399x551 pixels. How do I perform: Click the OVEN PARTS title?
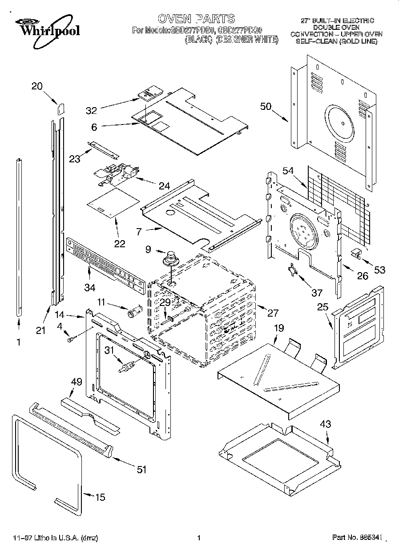pos(196,19)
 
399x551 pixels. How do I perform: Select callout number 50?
pos(266,106)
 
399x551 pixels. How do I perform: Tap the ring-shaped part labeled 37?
pos(293,269)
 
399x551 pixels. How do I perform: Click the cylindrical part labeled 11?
pos(134,312)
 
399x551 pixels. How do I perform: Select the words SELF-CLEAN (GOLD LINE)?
pos(336,41)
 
